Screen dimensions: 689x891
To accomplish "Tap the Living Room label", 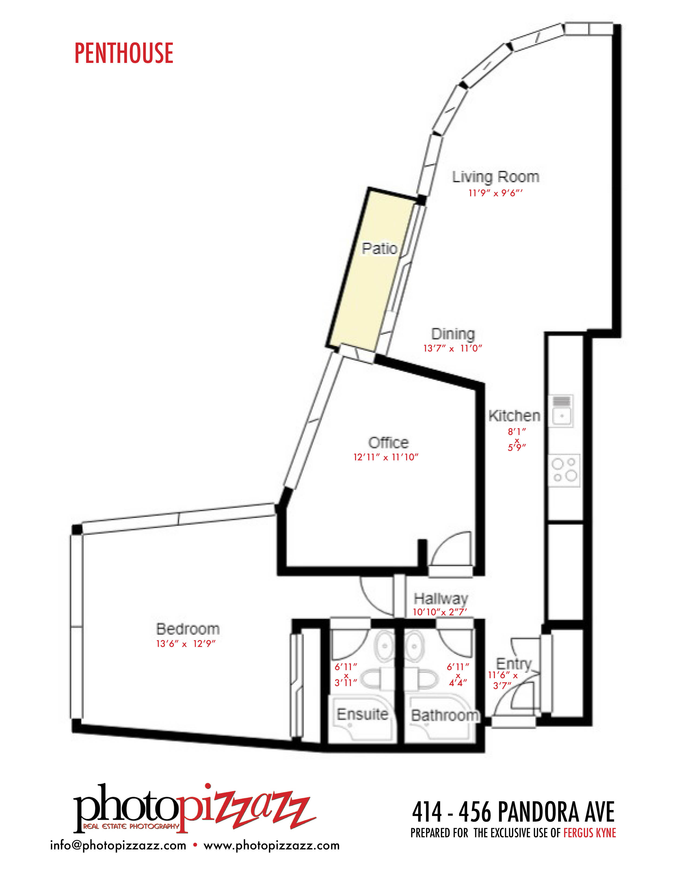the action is pos(496,177).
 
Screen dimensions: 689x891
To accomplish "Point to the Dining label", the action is pos(453,334).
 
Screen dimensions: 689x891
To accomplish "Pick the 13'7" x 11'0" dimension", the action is pos(453,348).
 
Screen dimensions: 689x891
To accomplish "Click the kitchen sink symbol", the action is pos(561,411).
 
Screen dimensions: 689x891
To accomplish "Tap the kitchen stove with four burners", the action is pos(564,470).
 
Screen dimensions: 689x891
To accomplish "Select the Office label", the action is pos(388,443).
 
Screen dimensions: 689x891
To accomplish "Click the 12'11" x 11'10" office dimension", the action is pos(386,457).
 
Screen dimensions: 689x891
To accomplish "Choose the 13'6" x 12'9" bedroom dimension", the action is pos(186,644).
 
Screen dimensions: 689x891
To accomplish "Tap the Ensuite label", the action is pos(362,714).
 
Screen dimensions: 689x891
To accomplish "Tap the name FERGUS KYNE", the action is pos(589,833).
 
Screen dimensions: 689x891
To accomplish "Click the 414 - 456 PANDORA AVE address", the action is pos(513,812).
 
